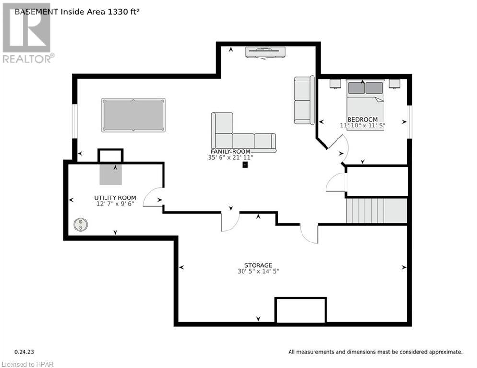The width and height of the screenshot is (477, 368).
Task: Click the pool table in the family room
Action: pyautogui.click(x=133, y=115)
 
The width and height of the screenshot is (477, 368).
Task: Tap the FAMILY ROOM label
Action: pyautogui.click(x=231, y=151)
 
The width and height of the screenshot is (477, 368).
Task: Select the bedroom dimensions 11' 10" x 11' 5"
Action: pyautogui.click(x=362, y=126)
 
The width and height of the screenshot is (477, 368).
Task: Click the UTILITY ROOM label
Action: pyautogui.click(x=115, y=198)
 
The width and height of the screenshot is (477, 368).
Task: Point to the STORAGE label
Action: pyautogui.click(x=258, y=265)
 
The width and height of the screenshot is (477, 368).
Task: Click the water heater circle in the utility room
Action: pyautogui.click(x=81, y=225)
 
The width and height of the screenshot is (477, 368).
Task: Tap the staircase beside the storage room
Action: pyautogui.click(x=376, y=211)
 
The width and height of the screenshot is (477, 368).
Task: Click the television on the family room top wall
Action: pyautogui.click(x=266, y=52)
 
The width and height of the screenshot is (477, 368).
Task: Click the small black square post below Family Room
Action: pyautogui.click(x=245, y=165)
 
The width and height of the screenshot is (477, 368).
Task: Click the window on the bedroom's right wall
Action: pyautogui.click(x=409, y=122)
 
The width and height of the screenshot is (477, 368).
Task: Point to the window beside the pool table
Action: pyautogui.click(x=74, y=121)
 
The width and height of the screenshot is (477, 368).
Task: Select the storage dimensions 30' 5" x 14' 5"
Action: pyautogui.click(x=258, y=271)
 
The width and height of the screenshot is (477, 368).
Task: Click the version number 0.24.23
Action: pyautogui.click(x=24, y=352)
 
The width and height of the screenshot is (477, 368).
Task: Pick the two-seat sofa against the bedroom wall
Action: pyautogui.click(x=304, y=100)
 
